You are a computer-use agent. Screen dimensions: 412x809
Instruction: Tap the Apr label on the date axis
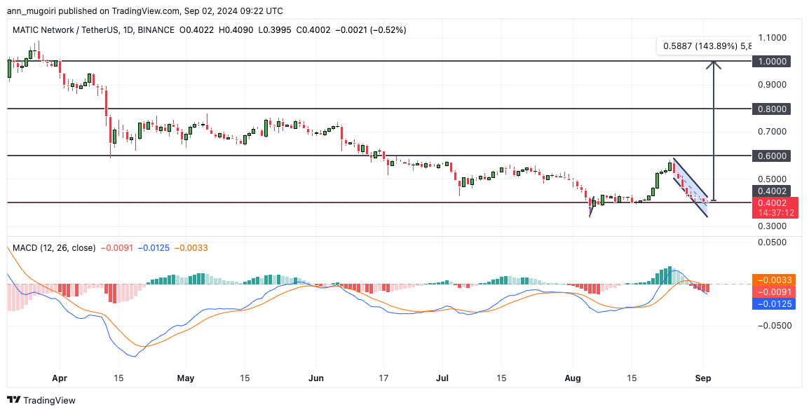pyautogui.click(x=60, y=378)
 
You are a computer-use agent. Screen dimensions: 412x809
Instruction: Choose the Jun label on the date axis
pyautogui.click(x=317, y=378)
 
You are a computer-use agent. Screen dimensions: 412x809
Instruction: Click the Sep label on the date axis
pyautogui.click(x=703, y=378)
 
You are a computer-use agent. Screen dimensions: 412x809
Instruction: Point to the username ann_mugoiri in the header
pyautogui.click(x=35, y=12)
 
